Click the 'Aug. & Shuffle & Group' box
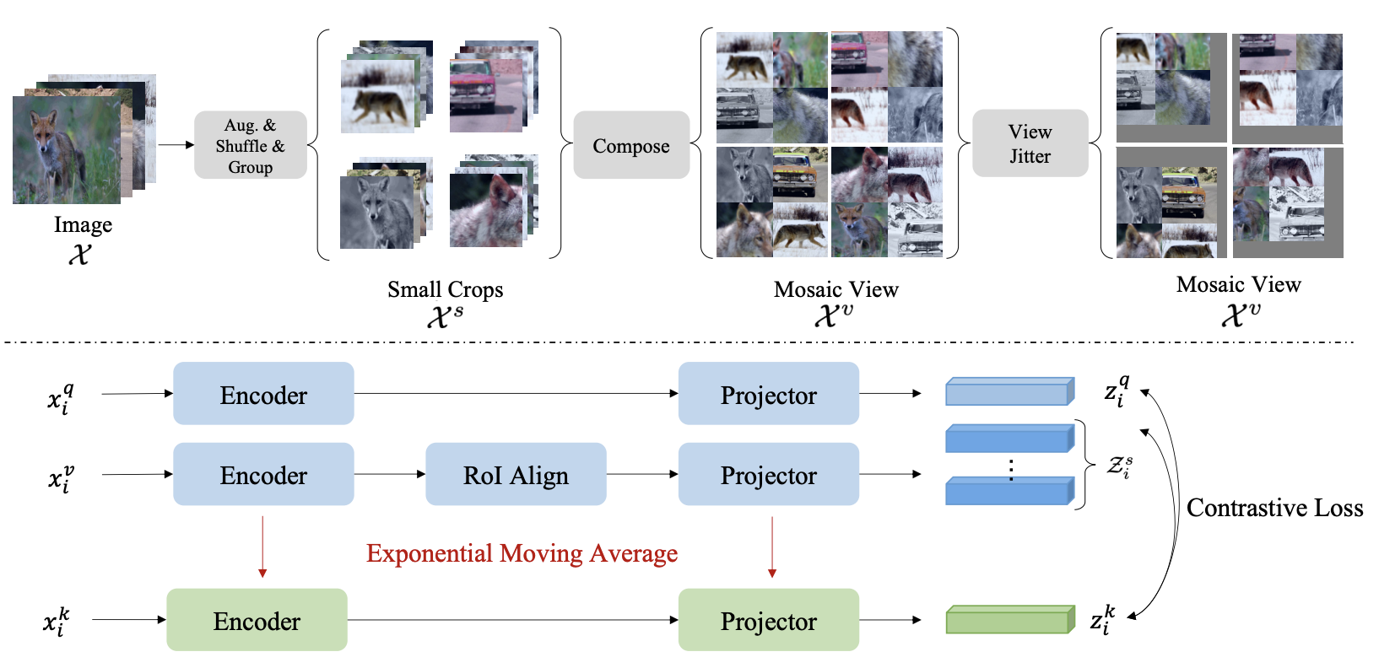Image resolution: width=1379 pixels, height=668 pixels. tap(251, 145)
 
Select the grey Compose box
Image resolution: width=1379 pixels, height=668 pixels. tap(631, 145)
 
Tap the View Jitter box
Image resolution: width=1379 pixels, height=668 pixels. tap(1030, 143)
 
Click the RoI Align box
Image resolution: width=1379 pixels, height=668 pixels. tap(516, 475)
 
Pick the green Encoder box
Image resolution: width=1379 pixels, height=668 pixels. tap(257, 621)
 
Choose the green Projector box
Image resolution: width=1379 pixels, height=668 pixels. tap(768, 621)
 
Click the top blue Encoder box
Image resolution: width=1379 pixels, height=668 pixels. tap(263, 394)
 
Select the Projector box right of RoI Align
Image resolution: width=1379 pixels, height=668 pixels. tap(768, 475)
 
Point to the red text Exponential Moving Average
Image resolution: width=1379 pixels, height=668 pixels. tap(522, 553)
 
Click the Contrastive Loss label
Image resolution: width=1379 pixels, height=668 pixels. tap(1274, 508)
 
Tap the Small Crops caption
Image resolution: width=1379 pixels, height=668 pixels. tap(445, 290)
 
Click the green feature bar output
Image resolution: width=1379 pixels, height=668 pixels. tap(1009, 620)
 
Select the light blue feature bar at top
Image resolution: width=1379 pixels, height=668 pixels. tap(1009, 392)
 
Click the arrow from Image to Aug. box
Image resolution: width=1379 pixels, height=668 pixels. tap(176, 145)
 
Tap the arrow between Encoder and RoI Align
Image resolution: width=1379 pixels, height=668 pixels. tap(389, 475)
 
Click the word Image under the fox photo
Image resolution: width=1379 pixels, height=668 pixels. tap(83, 225)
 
